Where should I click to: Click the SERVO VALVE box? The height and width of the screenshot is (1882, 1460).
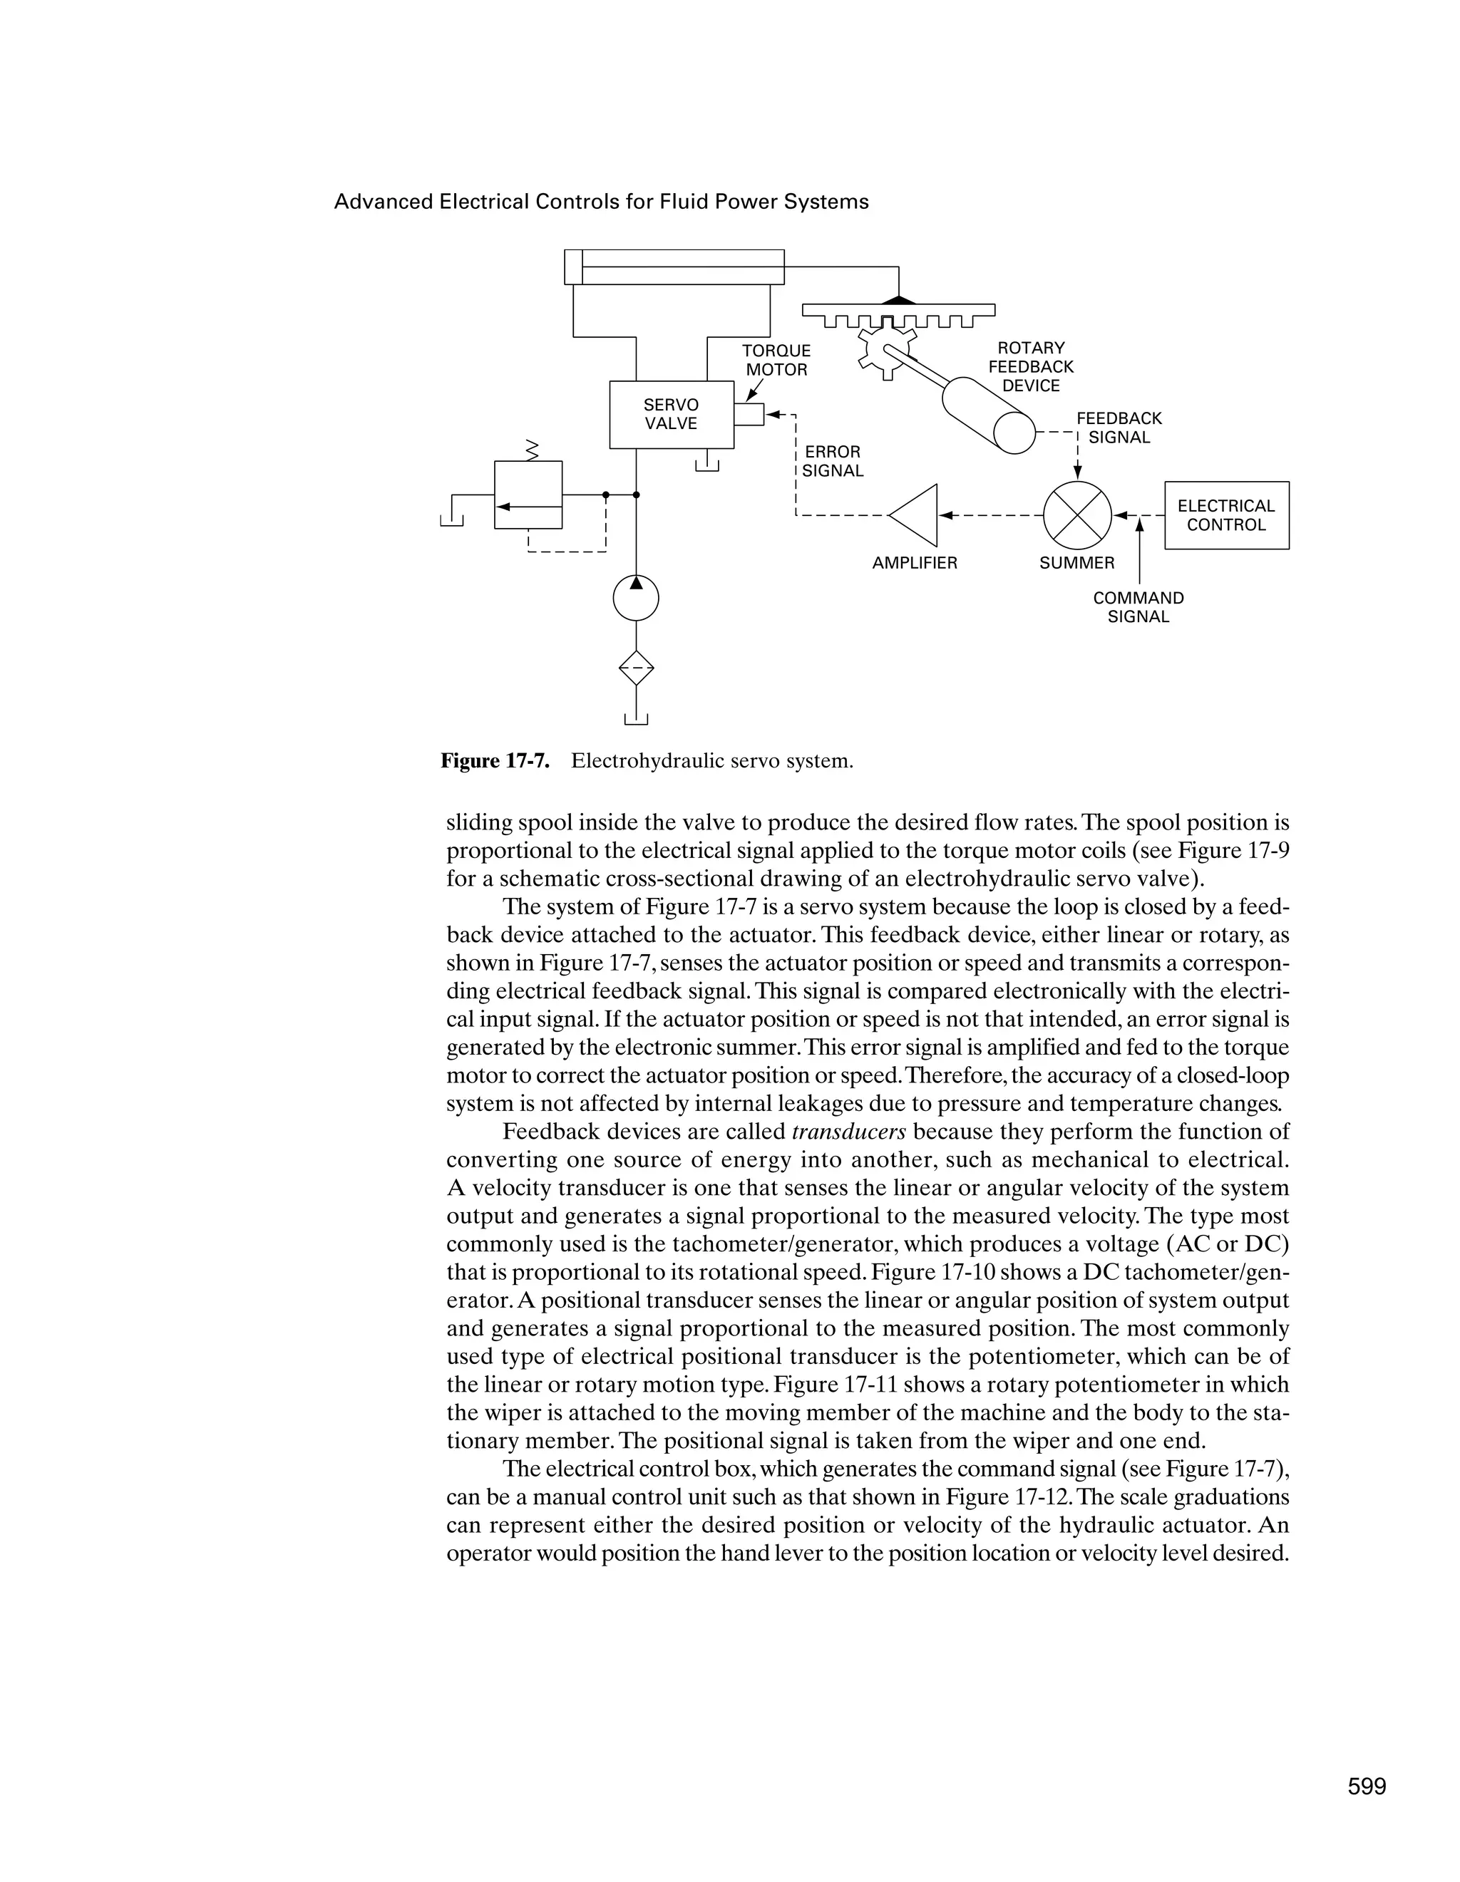coord(671,415)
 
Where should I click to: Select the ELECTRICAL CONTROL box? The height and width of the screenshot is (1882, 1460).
coord(1225,515)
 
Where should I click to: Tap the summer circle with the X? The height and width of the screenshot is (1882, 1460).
coord(1076,515)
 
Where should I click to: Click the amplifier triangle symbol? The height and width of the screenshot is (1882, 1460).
coord(916,515)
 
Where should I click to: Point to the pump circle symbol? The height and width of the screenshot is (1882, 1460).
coord(635,597)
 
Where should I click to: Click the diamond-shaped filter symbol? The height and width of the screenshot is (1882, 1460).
coord(635,667)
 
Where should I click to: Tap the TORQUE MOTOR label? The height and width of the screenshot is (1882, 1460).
coord(776,360)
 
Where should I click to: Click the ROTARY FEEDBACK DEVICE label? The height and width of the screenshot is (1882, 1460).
coord(1031,367)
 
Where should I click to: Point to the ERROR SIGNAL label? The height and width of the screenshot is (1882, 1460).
coord(832,461)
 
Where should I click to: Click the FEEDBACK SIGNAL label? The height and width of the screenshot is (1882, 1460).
coord(1119,428)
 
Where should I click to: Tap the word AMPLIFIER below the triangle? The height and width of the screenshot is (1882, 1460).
coord(915,563)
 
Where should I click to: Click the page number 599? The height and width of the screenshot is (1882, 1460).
coord(1366,1787)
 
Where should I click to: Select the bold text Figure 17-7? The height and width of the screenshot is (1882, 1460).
coord(495,761)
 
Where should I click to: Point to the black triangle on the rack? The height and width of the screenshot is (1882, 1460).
coord(899,300)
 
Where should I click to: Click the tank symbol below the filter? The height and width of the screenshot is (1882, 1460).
coord(635,720)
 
